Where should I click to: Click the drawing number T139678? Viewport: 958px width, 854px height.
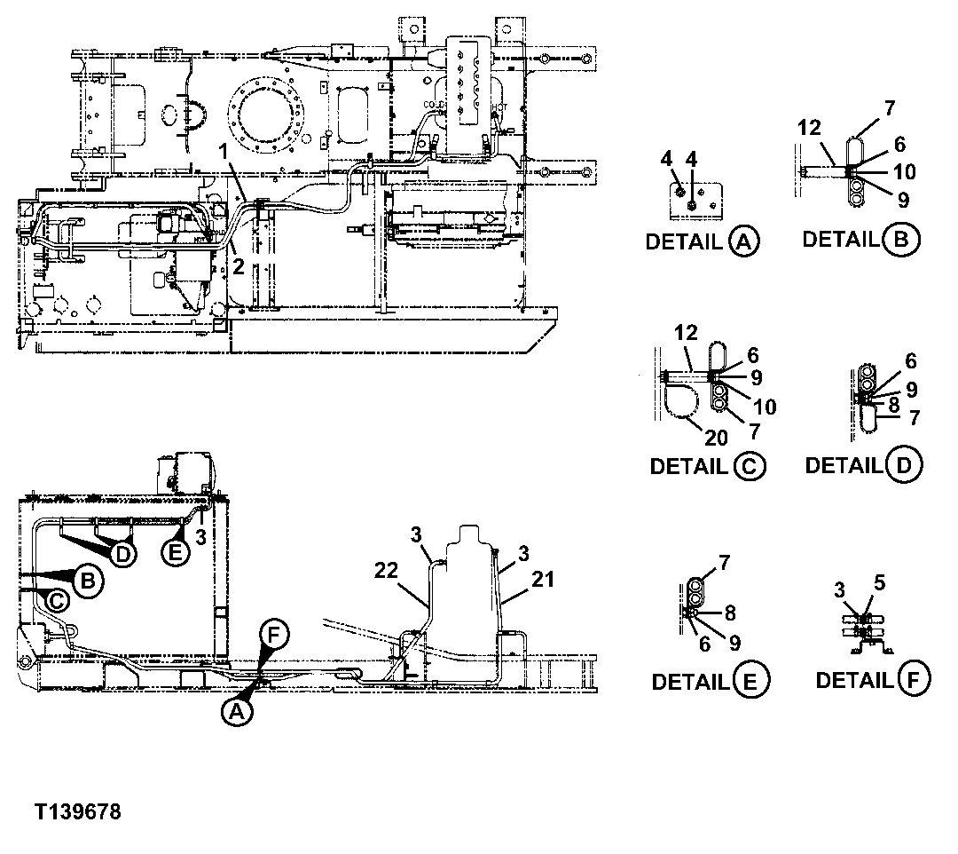(78, 811)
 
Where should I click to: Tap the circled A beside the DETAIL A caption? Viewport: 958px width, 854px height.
(744, 241)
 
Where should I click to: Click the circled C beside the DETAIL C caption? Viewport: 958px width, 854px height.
(750, 465)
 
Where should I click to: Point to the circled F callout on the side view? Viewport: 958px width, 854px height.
(275, 635)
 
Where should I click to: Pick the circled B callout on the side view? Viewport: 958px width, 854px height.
(88, 581)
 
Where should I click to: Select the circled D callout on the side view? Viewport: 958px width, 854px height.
(124, 552)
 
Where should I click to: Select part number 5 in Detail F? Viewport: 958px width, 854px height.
(880, 582)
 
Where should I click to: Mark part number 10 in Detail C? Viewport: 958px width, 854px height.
(765, 407)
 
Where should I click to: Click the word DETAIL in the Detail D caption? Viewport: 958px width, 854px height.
(841, 464)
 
